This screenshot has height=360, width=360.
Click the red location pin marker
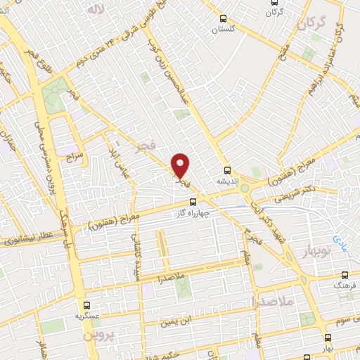[x=181, y=166]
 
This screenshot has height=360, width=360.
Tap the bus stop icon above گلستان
[x=224, y=19]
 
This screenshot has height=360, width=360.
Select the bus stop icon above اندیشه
[x=226, y=169]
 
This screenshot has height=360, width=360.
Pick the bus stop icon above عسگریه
[x=87, y=306]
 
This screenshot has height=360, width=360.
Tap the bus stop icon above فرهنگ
[x=345, y=275]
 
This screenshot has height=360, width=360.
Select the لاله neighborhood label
[x=94, y=9]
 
